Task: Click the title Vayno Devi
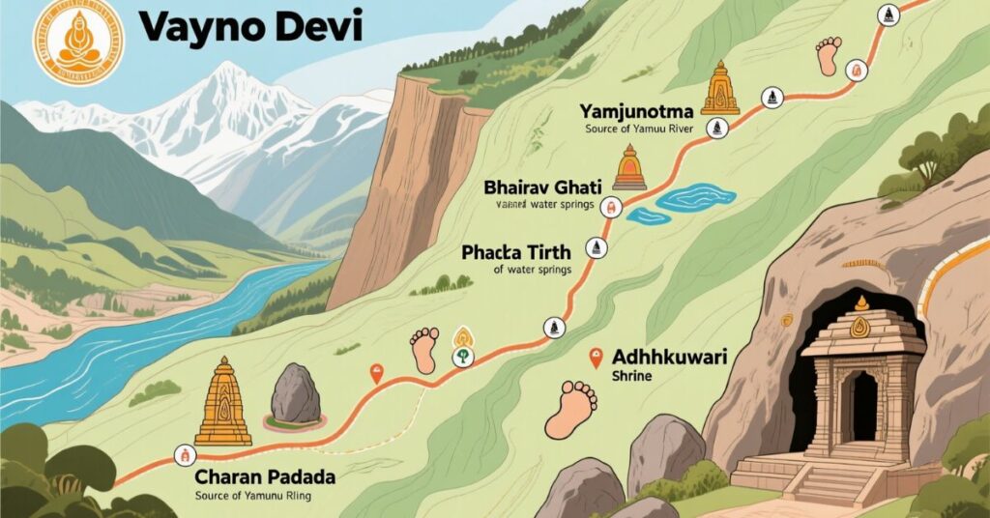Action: pos(250,27)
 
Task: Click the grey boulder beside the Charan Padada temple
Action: pos(295,394)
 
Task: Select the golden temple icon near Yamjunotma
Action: pos(719,89)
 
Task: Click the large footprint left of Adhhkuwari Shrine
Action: pos(571,408)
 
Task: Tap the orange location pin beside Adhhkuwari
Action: pos(596,359)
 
